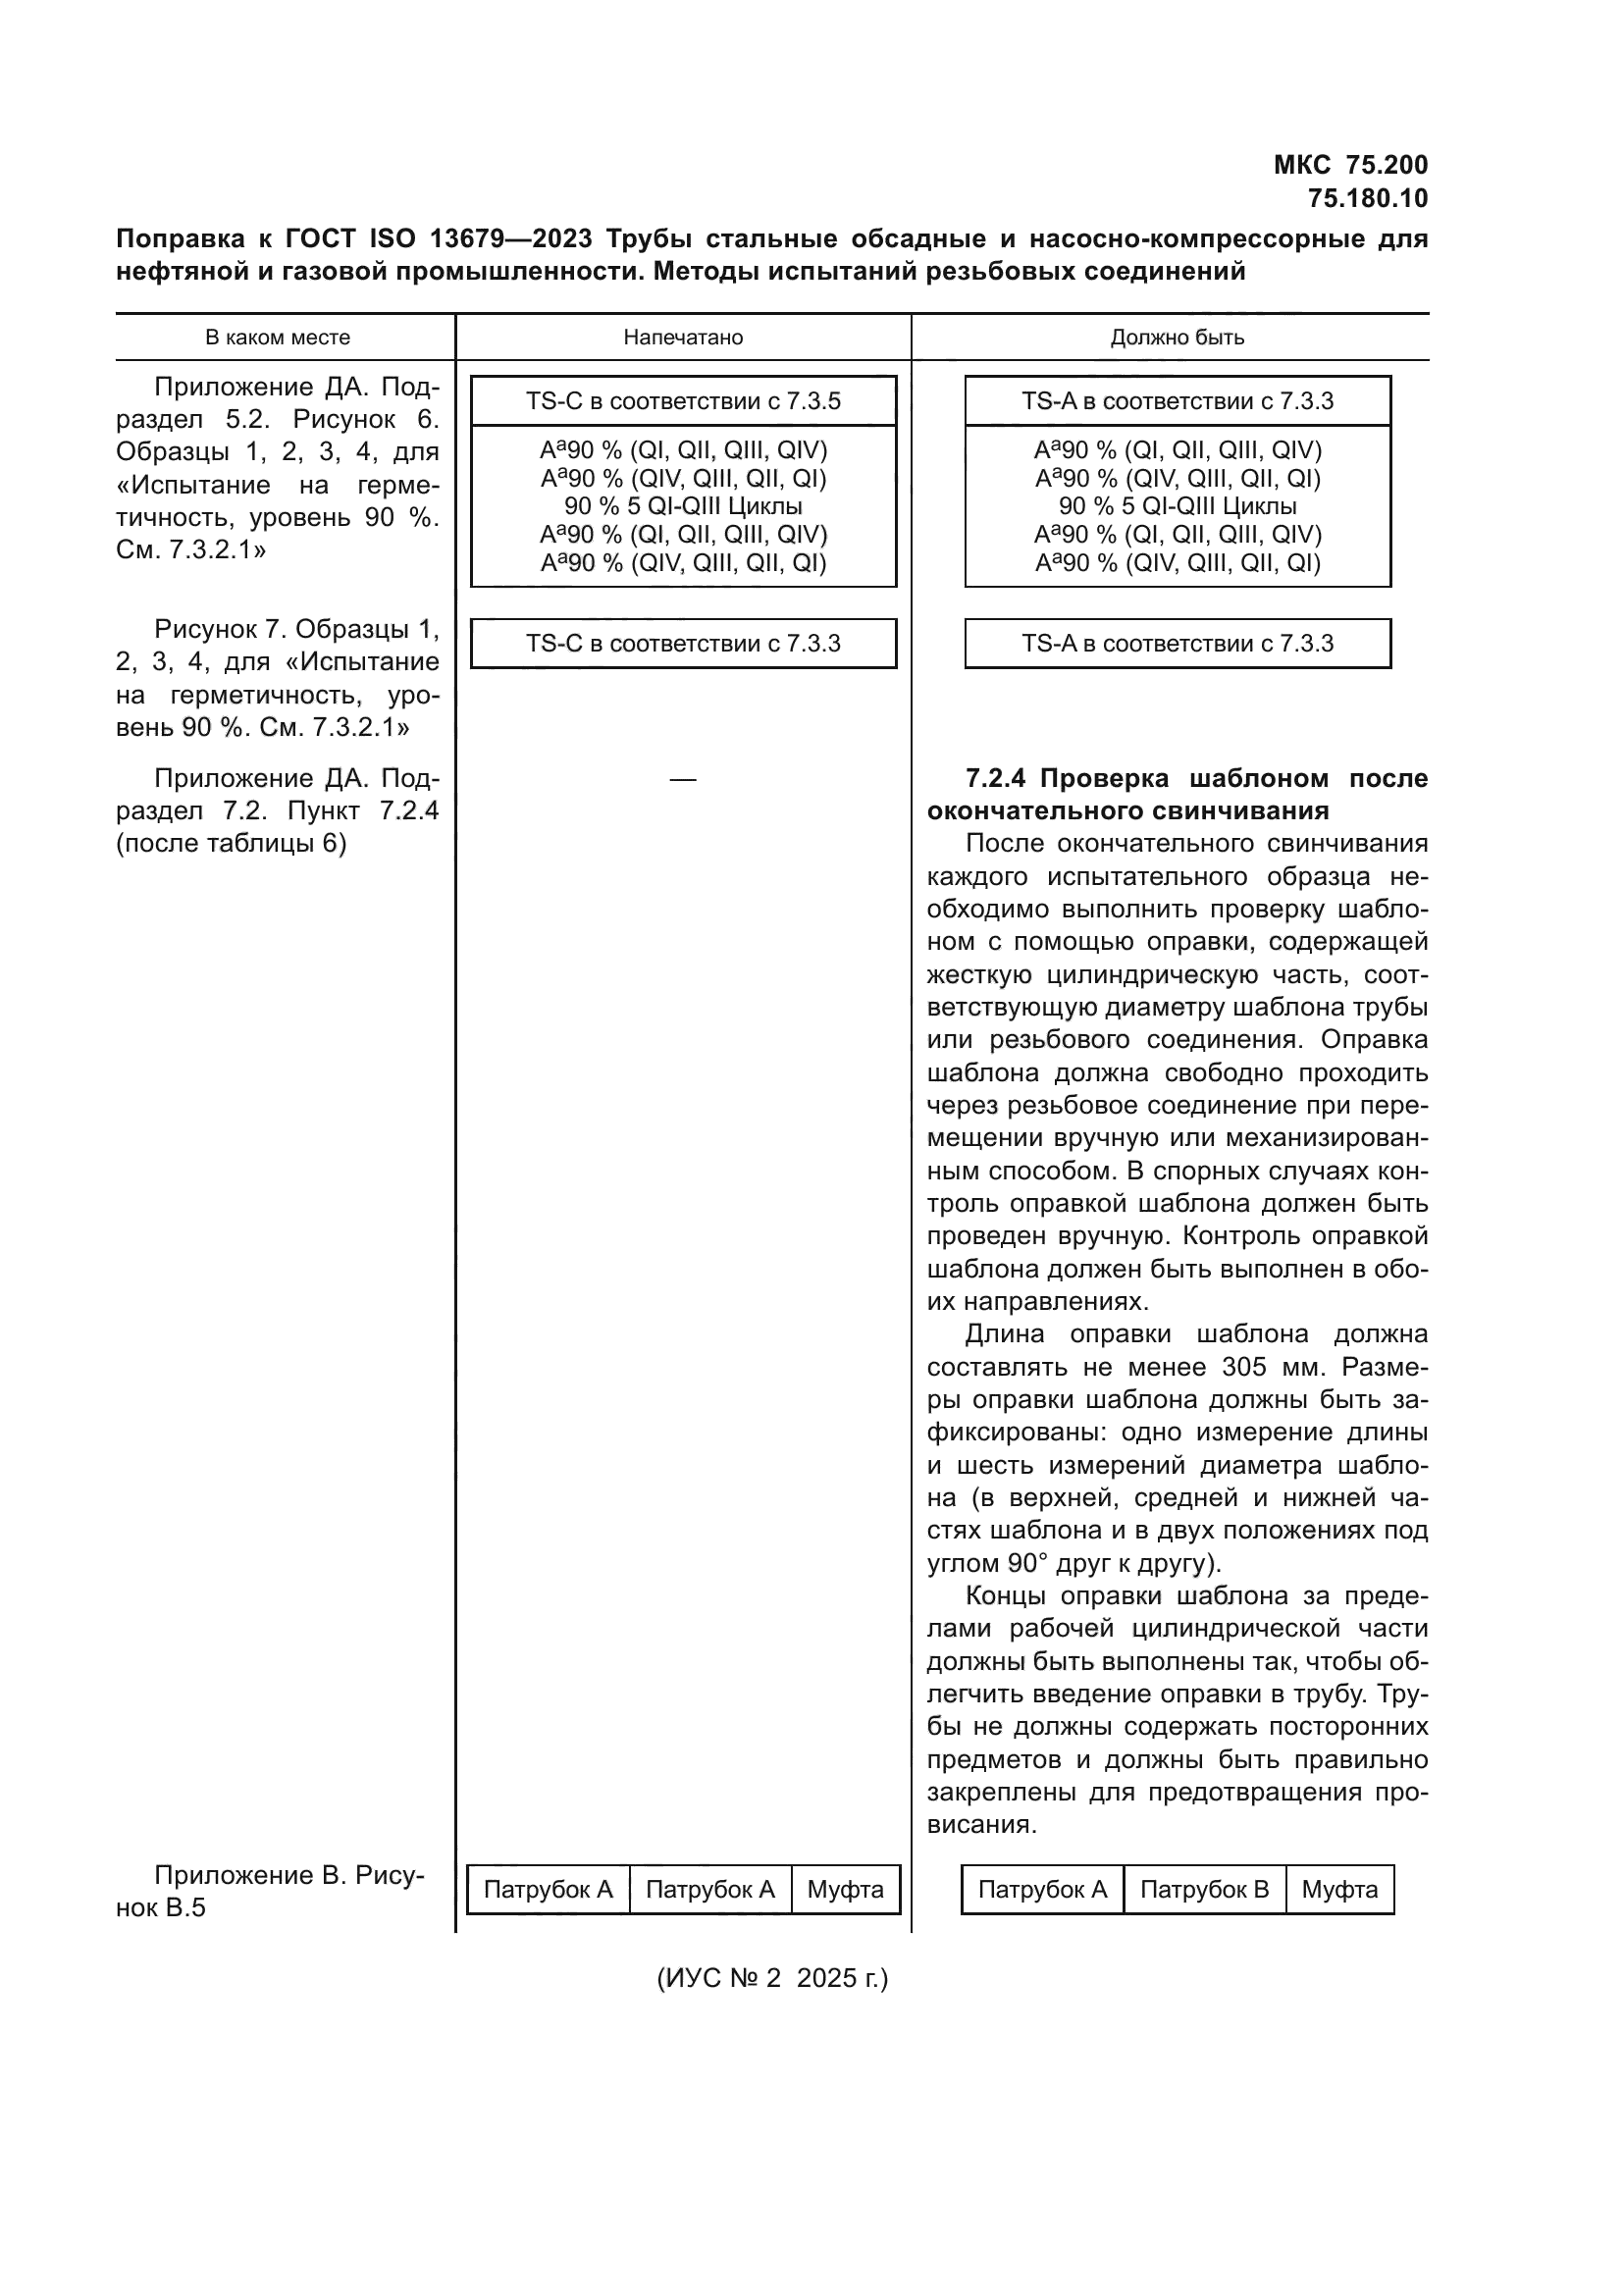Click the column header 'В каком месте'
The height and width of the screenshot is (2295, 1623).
277,338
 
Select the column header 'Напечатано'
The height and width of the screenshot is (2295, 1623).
683,338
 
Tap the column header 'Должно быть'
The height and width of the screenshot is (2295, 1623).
1177,338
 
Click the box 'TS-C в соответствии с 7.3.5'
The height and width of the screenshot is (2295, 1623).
683,401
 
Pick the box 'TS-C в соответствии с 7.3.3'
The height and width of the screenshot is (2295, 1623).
683,644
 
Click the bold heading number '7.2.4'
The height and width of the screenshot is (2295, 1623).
996,779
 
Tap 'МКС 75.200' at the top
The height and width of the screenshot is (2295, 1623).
1350,165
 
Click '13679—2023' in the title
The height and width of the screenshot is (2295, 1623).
510,238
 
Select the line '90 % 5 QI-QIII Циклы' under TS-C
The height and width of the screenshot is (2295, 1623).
683,505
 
